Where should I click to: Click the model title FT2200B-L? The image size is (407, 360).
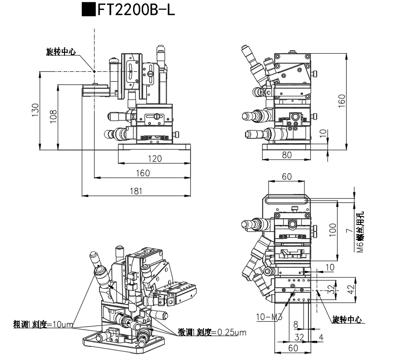click(136, 10)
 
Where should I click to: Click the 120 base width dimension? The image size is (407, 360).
click(154, 159)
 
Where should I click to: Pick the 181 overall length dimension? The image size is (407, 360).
click(135, 191)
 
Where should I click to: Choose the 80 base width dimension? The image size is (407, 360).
click(287, 155)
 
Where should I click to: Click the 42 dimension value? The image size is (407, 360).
click(351, 289)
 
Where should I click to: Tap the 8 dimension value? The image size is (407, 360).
click(296, 325)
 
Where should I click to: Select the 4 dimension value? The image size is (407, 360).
click(321, 337)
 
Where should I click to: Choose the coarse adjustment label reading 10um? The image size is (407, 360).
click(44, 325)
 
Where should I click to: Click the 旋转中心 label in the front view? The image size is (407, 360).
click(61, 51)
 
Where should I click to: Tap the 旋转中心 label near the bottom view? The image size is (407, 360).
click(347, 320)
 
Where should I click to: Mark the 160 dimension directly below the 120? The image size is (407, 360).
click(142, 173)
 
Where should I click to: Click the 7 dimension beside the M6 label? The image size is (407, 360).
click(349, 230)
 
